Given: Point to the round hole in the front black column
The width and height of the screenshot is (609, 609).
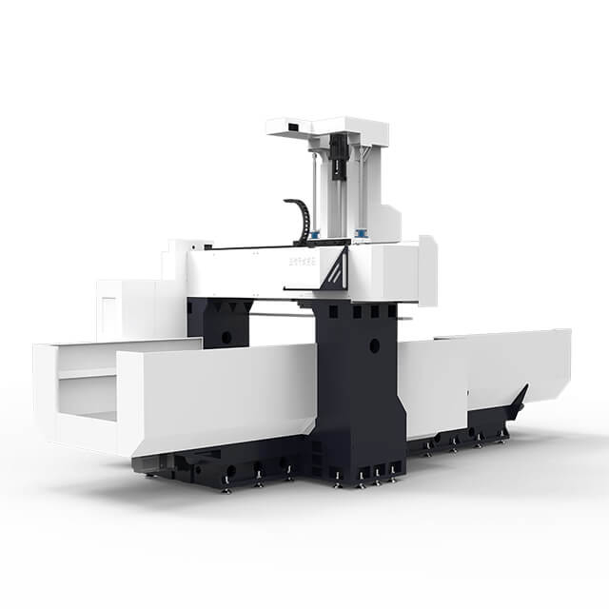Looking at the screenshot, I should pos(375,346).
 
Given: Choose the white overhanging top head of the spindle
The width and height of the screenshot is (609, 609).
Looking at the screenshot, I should pos(328,126).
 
